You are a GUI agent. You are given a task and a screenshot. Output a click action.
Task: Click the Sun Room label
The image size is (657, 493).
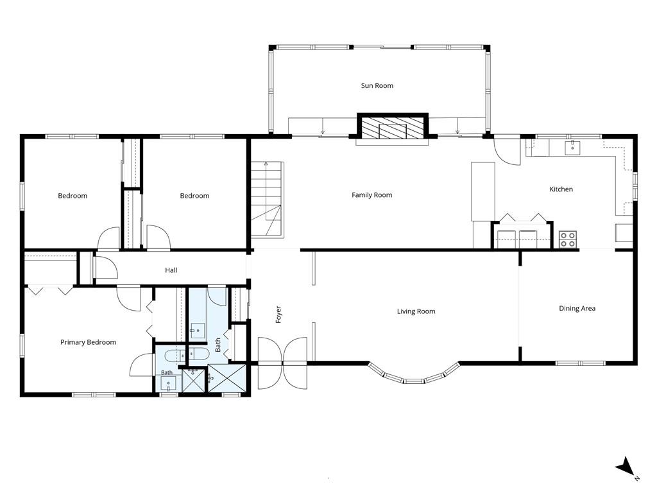tap(377, 85)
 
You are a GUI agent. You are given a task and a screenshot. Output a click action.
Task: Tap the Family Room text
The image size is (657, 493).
tap(371, 195)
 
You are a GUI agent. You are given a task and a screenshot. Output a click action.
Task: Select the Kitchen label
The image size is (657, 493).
tap(561, 189)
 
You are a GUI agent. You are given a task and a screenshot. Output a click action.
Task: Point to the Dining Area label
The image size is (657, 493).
tap(577, 309)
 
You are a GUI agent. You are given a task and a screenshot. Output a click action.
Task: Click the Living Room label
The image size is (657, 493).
tap(416, 311)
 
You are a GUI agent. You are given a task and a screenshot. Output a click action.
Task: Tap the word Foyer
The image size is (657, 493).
tap(278, 315)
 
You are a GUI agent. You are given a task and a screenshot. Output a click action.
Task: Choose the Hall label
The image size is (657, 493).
tap(171, 270)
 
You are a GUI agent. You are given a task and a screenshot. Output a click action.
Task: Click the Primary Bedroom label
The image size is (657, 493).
tap(88, 343)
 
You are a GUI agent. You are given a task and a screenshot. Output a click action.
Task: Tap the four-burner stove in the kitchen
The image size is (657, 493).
tap(568, 239)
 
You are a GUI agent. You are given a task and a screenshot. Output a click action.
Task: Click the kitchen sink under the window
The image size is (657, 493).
tap(572, 148)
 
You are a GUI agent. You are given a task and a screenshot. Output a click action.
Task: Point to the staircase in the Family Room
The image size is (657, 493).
tap(268, 200)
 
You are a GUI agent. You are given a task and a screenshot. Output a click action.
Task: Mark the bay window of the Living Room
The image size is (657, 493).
tap(414, 374)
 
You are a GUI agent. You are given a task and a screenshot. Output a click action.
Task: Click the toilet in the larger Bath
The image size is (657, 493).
tap(198, 354)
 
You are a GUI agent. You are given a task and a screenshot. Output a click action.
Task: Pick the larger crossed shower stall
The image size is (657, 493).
tap(226, 379)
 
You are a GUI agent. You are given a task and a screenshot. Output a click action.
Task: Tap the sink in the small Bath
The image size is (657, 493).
tap(169, 383)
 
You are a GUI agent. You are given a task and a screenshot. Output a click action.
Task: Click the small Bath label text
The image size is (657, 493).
tap(167, 372)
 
